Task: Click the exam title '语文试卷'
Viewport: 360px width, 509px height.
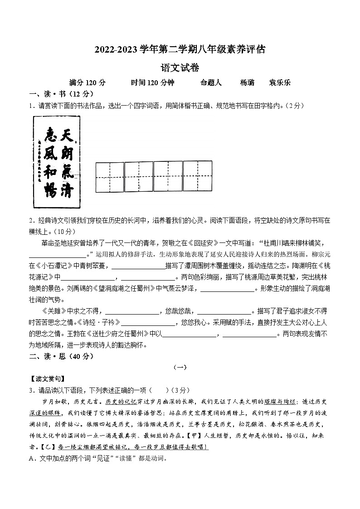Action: point(180,68)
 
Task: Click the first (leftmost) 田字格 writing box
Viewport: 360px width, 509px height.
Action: point(109,176)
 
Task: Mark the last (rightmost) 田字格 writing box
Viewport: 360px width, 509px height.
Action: point(198,176)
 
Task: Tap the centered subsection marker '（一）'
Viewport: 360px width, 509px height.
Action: point(180,368)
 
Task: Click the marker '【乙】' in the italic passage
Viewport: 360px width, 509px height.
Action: point(46,447)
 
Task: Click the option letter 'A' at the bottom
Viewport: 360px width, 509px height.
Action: point(31,458)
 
